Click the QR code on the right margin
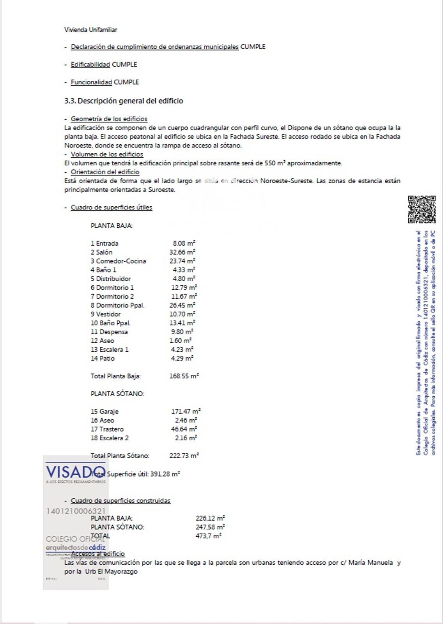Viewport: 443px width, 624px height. point(422,209)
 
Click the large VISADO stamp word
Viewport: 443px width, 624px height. point(76,472)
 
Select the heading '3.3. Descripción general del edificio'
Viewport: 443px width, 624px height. point(124,101)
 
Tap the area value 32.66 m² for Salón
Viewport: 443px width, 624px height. point(182,252)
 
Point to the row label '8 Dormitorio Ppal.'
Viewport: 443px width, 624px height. point(117,305)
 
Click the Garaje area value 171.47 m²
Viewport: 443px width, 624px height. point(186,411)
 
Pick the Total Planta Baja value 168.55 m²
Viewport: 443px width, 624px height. point(184,376)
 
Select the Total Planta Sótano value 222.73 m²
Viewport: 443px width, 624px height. point(184,456)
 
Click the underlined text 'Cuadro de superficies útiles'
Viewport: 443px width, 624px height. point(111,207)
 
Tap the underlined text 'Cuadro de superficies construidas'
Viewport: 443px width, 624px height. point(120,500)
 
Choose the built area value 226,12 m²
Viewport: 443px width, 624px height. point(210,518)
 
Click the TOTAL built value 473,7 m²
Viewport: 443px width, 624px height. point(208,536)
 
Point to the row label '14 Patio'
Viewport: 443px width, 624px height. point(103,358)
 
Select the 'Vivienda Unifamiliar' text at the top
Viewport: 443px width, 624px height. point(90,30)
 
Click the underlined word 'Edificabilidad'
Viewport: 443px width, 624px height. point(90,64)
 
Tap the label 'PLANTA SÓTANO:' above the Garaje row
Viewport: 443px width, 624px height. point(117,394)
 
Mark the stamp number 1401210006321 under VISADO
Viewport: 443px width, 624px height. point(76,511)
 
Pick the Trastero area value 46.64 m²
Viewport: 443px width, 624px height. point(184,429)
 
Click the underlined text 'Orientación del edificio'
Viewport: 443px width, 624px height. point(105,172)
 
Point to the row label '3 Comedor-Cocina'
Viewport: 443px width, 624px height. point(118,261)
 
